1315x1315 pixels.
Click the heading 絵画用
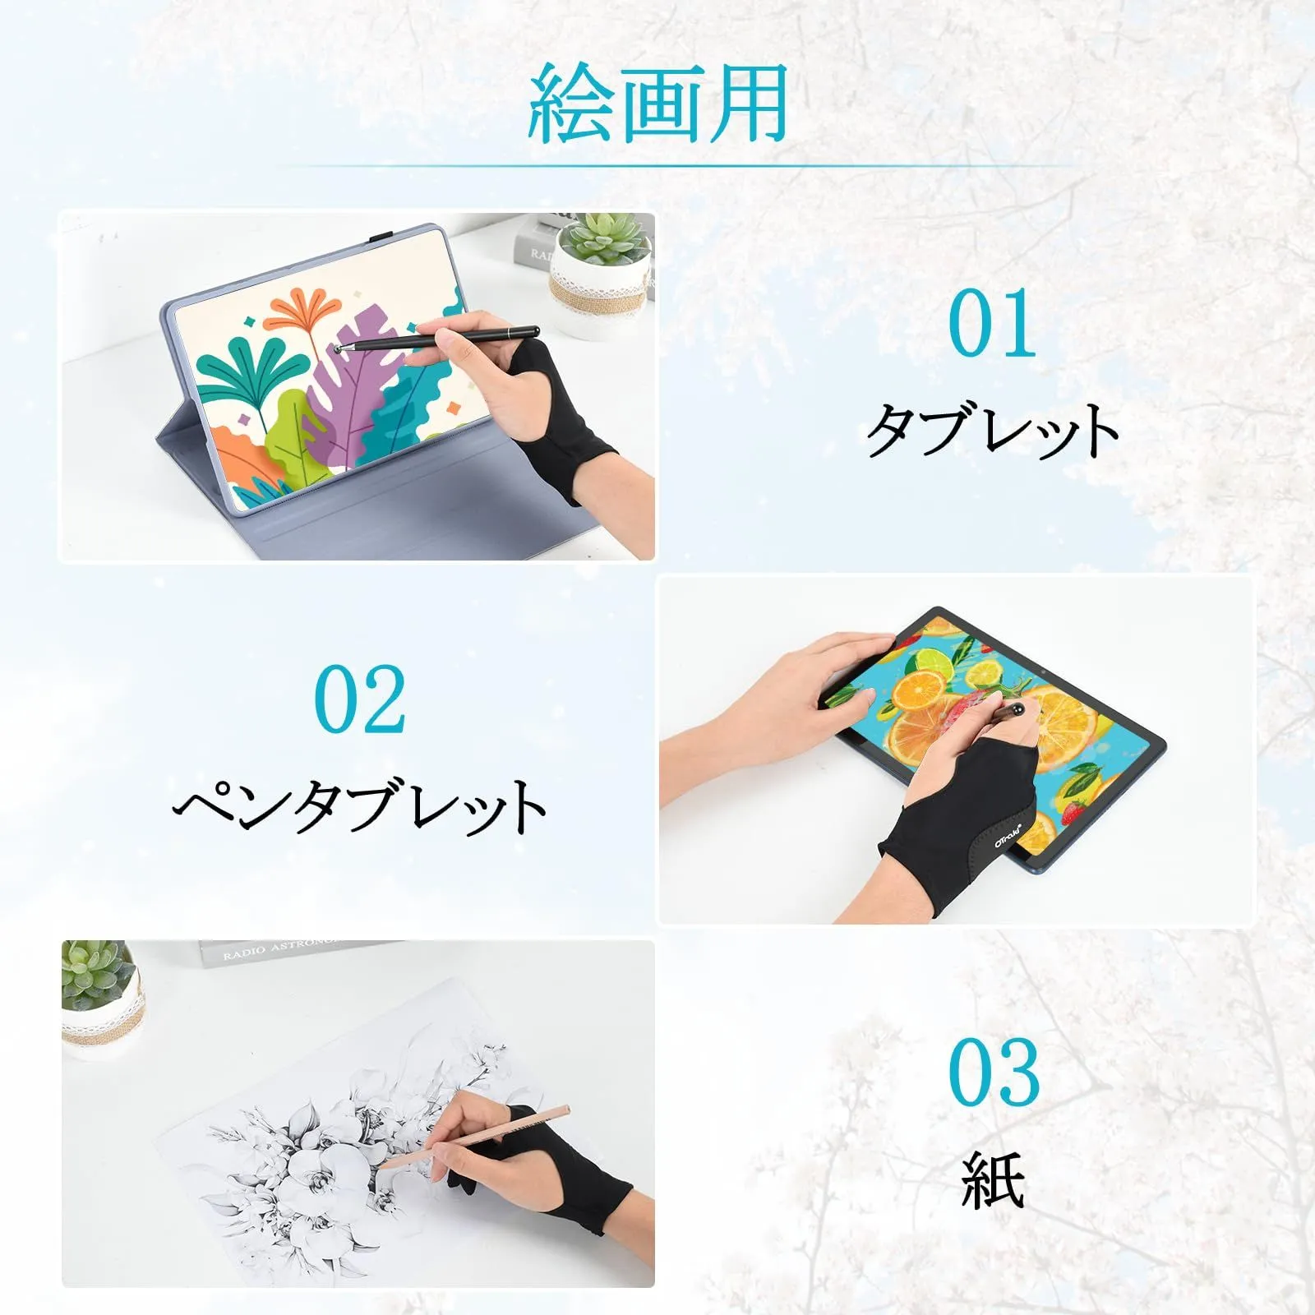[x=657, y=104]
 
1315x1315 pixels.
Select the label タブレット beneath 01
[x=993, y=430]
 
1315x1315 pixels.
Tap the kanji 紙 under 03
[x=993, y=1179]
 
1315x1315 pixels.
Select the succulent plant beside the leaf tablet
[x=604, y=238]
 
